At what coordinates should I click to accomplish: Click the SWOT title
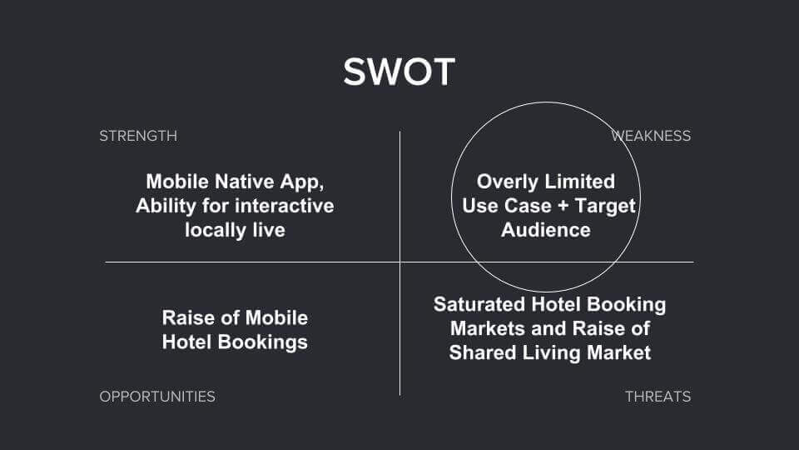tap(399, 72)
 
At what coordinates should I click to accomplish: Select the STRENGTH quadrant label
tap(138, 136)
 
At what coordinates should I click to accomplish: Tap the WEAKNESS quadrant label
tap(652, 136)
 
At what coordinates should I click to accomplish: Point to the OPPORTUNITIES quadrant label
tap(157, 397)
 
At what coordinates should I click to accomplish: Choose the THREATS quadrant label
tap(658, 397)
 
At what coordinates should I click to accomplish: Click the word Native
tap(246, 182)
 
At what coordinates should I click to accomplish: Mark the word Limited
tap(580, 182)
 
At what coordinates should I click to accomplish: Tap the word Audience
tap(545, 230)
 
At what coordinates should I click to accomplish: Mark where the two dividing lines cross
tap(400, 262)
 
